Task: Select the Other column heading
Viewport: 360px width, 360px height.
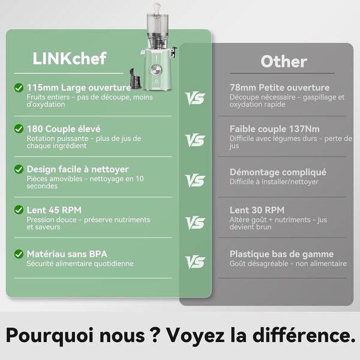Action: pyautogui.click(x=283, y=61)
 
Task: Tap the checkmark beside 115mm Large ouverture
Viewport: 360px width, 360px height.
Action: pyautogui.click(x=19, y=88)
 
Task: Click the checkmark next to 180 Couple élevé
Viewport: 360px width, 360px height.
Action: pyautogui.click(x=19, y=129)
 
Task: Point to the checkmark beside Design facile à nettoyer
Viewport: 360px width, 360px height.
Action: pyautogui.click(x=19, y=170)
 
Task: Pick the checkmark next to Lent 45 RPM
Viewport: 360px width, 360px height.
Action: pyautogui.click(x=19, y=210)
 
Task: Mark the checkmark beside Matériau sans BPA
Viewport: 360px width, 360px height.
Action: pyautogui.click(x=19, y=254)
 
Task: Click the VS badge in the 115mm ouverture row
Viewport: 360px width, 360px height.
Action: pyautogui.click(x=195, y=98)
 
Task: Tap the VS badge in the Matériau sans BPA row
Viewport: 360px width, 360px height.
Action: pyautogui.click(x=195, y=262)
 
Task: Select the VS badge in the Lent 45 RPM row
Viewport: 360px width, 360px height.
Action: pyautogui.click(x=195, y=223)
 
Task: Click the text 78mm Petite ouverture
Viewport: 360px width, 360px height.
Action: pyautogui.click(x=279, y=88)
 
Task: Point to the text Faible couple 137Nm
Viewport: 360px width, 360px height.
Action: pyautogui.click(x=274, y=129)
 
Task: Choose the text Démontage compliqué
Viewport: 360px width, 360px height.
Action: pyautogui.click(x=278, y=172)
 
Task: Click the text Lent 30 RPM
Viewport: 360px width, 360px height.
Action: pyautogui.click(x=257, y=210)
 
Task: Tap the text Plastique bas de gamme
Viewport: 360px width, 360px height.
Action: pyautogui.click(x=281, y=254)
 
